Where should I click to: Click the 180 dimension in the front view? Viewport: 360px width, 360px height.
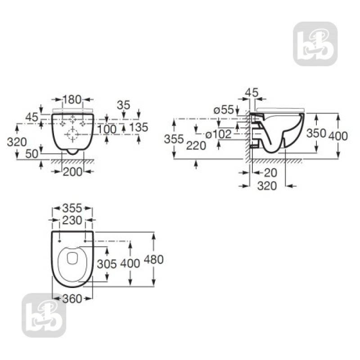[72, 99]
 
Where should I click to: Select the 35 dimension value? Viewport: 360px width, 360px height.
[123, 105]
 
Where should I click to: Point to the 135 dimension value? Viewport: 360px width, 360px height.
[139, 127]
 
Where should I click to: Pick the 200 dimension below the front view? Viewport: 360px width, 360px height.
[72, 171]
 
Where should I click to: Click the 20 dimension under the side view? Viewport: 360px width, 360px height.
[270, 172]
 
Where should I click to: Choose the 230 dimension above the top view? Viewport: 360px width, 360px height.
[72, 220]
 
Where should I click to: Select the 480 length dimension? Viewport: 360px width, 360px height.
[153, 260]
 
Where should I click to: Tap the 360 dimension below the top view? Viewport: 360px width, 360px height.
[72, 298]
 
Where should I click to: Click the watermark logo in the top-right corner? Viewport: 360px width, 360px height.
[315, 44]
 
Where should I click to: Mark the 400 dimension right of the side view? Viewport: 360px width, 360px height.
[338, 135]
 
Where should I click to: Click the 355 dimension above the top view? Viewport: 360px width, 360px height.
[72, 208]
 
